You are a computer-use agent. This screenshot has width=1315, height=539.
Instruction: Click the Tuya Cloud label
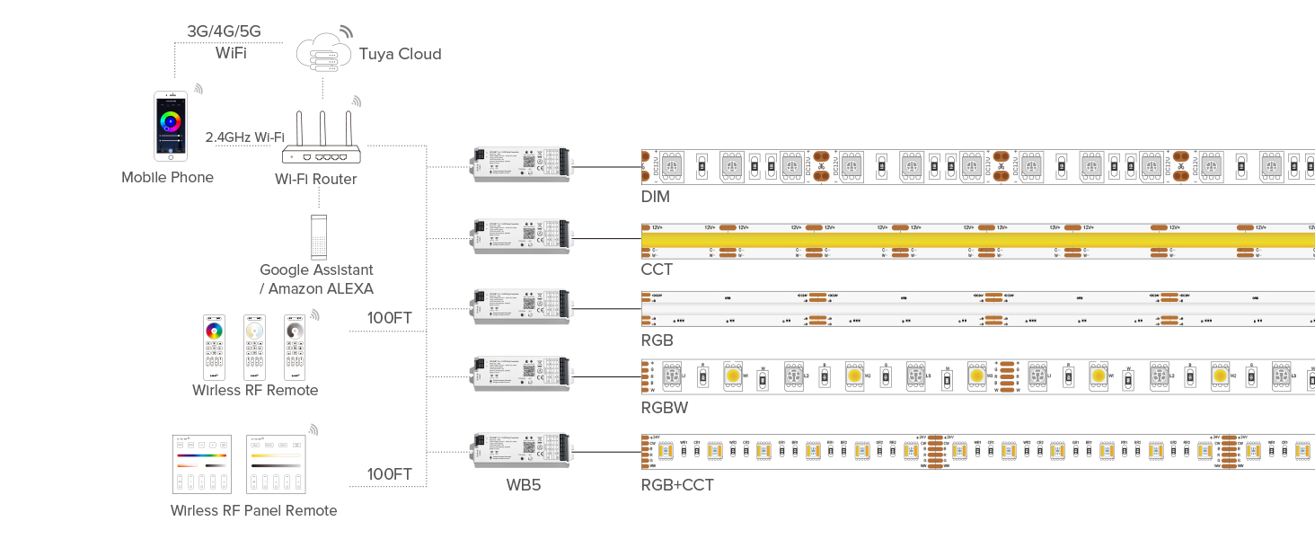coord(400,54)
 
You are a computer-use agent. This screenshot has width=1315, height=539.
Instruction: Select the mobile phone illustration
coord(170,127)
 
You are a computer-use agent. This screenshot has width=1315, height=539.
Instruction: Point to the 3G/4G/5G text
coord(224,31)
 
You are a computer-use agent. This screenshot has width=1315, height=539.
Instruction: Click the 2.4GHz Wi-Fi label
coord(244,137)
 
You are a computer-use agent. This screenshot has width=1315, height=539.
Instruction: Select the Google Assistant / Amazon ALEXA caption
coord(316,278)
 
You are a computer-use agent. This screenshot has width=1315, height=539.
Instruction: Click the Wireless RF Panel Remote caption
coord(253,510)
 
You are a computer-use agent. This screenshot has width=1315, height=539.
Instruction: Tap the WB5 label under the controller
coord(523,485)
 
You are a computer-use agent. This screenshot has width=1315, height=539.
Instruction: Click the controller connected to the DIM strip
coord(520,165)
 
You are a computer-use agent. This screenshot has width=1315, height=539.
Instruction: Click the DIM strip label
coord(656,196)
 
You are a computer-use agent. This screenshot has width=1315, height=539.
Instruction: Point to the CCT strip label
coord(657,269)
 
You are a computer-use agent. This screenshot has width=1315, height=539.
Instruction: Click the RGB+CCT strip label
coord(677,485)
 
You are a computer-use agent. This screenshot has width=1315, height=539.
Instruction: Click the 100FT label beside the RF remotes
coord(390,318)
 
